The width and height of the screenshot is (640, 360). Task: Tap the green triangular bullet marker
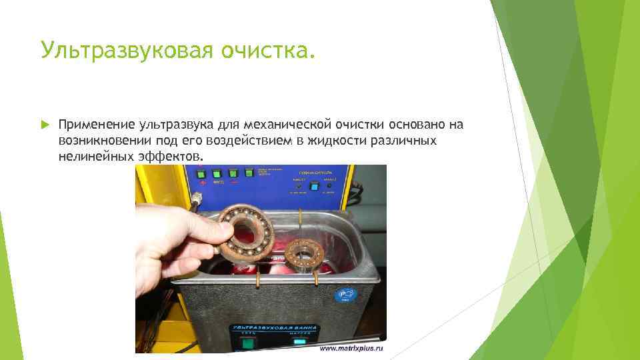click(45, 125)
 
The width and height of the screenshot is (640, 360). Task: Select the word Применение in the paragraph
click(97, 125)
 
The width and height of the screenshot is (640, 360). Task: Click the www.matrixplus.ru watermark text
click(352, 349)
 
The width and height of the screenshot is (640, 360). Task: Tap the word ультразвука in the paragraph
click(175, 125)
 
